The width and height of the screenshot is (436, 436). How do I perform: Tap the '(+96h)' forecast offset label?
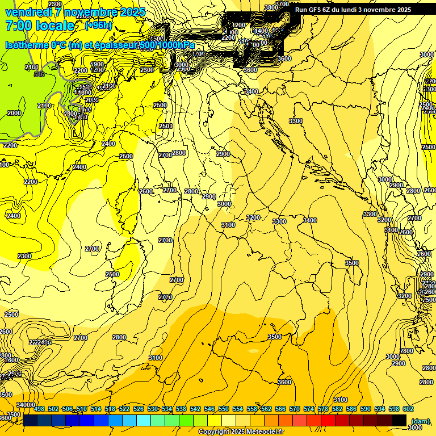pos(100,25)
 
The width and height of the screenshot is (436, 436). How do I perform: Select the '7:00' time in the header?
pos(18,26)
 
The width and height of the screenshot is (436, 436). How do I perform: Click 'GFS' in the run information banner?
pos(315,10)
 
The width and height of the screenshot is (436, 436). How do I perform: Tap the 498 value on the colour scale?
pos(39,409)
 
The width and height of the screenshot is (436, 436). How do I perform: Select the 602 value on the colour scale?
pos(408,409)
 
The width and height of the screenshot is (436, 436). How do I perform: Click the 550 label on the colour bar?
pos(224,409)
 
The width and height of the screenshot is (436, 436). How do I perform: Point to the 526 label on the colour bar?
pos(138,409)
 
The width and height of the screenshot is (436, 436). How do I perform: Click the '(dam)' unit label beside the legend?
pos(420,421)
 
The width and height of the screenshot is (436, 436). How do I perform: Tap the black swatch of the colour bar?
pos(399,420)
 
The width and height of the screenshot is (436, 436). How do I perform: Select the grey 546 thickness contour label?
pos(39,74)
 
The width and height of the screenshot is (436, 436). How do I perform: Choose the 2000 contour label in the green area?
pos(14,113)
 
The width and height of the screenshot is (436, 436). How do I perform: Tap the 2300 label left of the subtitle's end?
pos(147,70)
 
